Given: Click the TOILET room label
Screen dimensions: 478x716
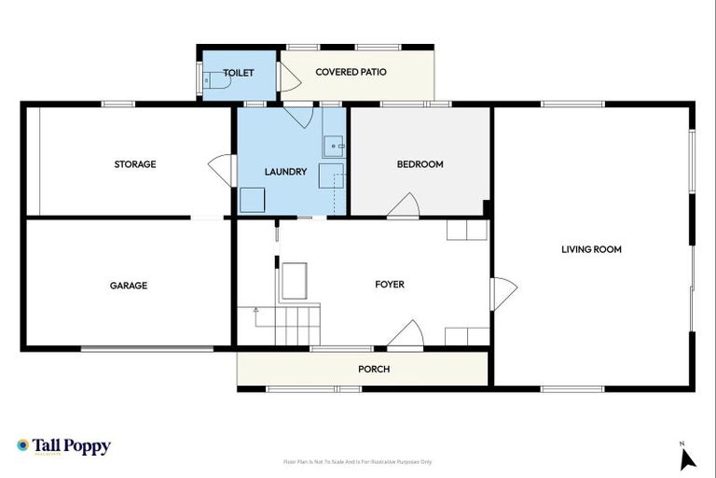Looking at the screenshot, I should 238,72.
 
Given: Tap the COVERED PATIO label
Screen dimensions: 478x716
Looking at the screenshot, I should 351,72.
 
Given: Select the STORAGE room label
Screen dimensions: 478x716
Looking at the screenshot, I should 135,164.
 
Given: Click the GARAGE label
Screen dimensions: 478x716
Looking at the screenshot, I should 129,286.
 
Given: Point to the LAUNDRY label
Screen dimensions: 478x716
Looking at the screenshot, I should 285,172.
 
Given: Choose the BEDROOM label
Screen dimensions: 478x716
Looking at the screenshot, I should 420,164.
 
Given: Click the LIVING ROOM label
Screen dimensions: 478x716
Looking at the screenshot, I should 591,249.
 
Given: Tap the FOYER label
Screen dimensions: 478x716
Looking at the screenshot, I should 390,285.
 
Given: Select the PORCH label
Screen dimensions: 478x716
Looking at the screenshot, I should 374,369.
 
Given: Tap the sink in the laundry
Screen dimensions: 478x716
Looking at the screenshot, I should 335,146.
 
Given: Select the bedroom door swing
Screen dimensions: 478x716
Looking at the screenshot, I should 404,207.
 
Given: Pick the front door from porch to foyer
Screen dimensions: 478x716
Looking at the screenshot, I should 406,334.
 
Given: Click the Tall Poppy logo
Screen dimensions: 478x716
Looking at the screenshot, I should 63,446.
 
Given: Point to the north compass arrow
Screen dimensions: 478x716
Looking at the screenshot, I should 688,457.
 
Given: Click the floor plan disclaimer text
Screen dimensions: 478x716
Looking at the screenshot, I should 358,462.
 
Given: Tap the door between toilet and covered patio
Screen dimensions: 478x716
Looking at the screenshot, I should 288,78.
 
